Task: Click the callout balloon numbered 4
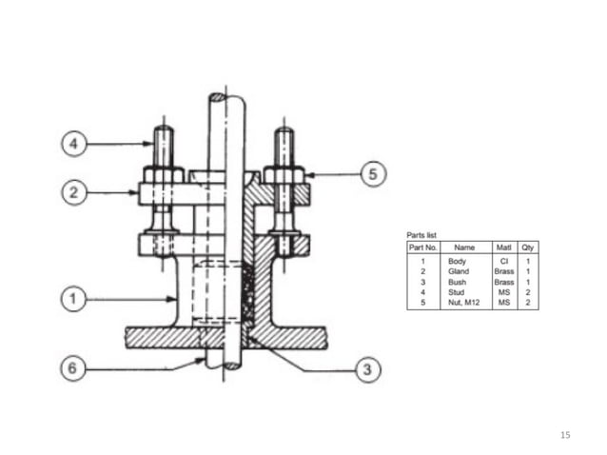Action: [72, 145]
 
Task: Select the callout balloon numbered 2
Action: [72, 193]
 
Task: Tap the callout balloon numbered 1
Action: [72, 300]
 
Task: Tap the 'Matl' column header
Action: [504, 247]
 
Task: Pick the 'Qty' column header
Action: [528, 247]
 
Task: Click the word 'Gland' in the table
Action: [458, 271]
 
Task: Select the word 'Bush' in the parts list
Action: [457, 282]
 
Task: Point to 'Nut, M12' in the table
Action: [463, 302]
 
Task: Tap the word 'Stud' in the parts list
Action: [457, 291]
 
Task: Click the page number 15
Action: [565, 435]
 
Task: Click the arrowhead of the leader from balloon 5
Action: [308, 175]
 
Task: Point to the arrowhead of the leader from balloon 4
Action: [149, 145]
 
